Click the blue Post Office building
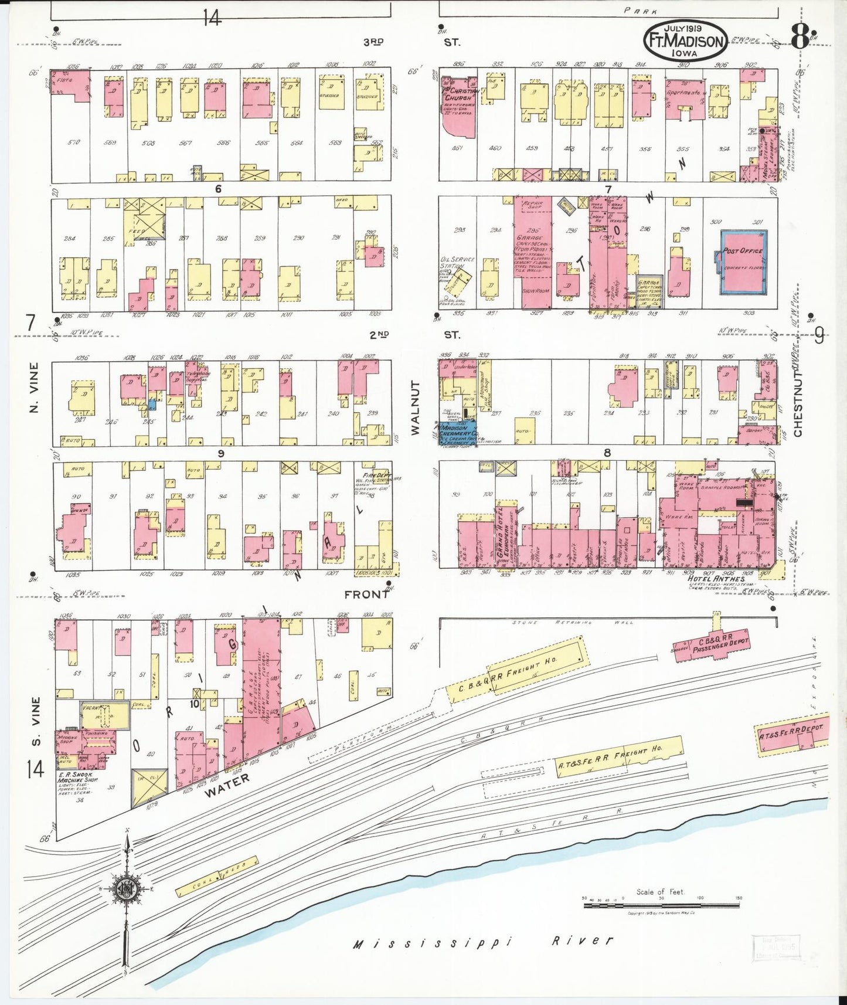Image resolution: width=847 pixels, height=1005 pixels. tap(744, 263)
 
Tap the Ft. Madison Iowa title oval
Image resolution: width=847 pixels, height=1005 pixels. tap(685, 41)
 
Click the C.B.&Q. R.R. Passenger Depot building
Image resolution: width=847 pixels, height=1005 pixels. tap(712, 645)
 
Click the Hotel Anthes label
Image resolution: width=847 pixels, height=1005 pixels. tap(716, 579)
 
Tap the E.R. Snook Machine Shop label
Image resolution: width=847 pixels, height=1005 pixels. tap(77, 780)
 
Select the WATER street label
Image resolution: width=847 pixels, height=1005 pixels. tap(227, 785)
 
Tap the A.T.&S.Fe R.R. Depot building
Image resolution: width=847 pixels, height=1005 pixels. tap(791, 733)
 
